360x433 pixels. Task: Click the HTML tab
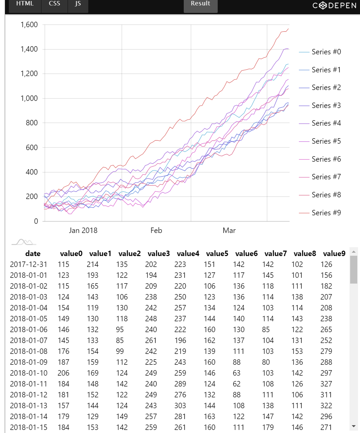(25, 4)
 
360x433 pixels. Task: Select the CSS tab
(54, 4)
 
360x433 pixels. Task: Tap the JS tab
(78, 4)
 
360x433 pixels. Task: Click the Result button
(200, 4)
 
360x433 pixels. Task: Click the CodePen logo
(334, 6)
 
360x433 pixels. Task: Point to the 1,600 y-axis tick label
(29, 25)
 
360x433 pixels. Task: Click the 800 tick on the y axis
(32, 123)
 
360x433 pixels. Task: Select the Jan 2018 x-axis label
(83, 231)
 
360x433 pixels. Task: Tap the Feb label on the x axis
(156, 231)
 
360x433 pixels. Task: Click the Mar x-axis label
(229, 231)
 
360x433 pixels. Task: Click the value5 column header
(217, 254)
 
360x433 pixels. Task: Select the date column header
(33, 254)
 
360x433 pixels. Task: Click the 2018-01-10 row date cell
(29, 373)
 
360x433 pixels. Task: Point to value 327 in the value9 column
(326, 384)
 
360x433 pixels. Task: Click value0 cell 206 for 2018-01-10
(64, 373)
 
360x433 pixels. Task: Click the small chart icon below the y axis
(24, 242)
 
